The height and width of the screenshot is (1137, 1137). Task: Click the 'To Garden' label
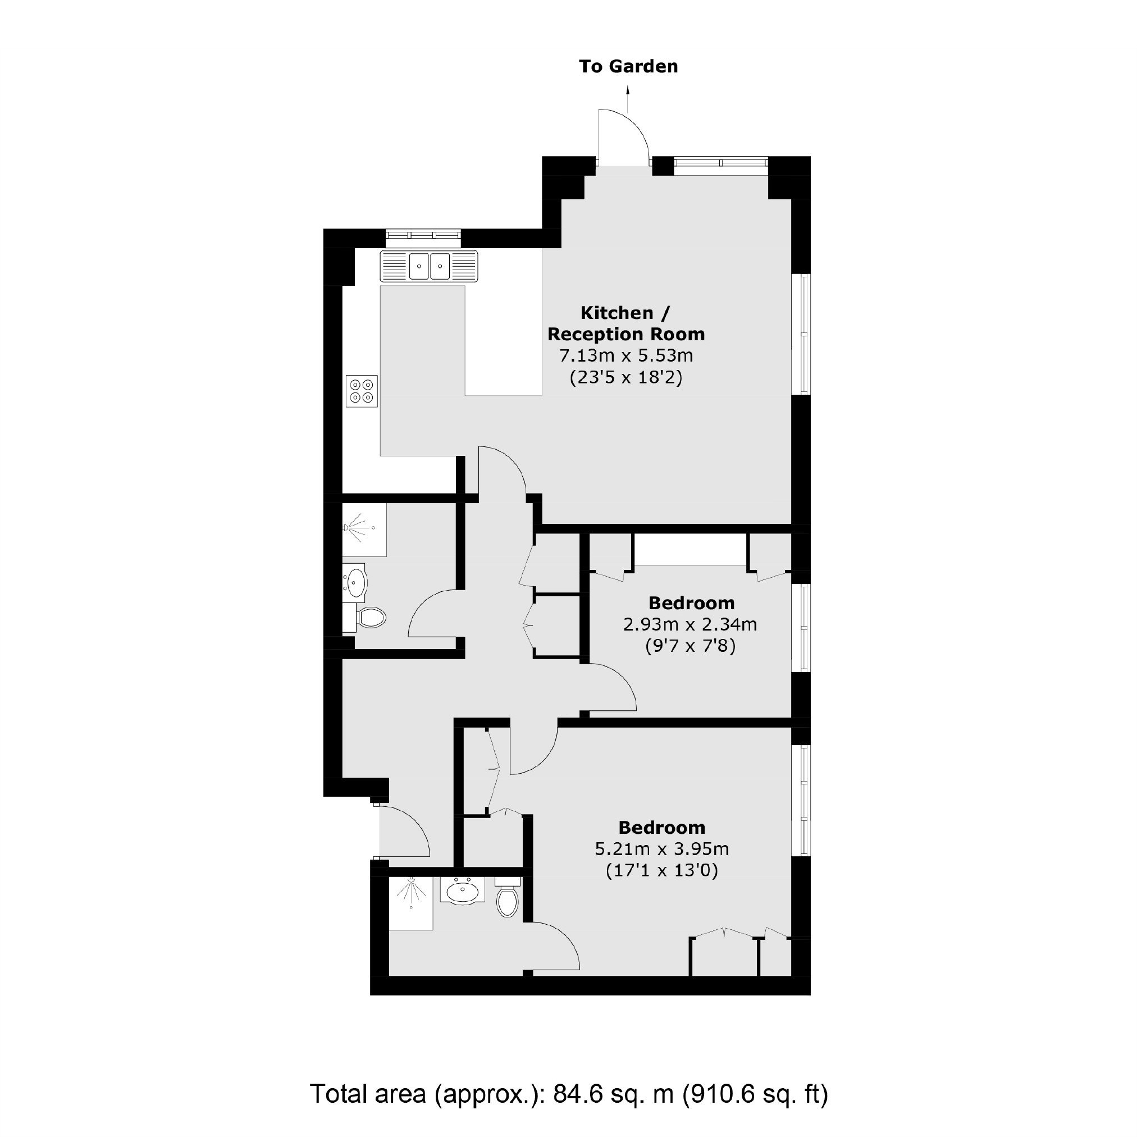pyautogui.click(x=628, y=66)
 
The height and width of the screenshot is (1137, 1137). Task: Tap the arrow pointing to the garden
pyautogui.click(x=628, y=99)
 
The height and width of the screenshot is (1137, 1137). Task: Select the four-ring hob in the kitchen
pyautogui.click(x=362, y=391)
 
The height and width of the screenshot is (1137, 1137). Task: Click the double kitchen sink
pyautogui.click(x=429, y=266)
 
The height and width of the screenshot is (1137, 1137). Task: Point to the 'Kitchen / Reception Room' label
pyautogui.click(x=625, y=323)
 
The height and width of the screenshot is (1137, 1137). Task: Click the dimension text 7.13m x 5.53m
pyautogui.click(x=625, y=355)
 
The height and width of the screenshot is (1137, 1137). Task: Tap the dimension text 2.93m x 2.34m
pyautogui.click(x=690, y=624)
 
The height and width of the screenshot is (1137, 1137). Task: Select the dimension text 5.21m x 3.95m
pyautogui.click(x=662, y=848)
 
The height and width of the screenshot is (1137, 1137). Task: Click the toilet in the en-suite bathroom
pyautogui.click(x=506, y=896)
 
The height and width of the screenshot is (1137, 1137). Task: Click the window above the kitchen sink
pyautogui.click(x=423, y=236)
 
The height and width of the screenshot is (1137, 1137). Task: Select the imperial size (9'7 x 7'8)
pyautogui.click(x=690, y=646)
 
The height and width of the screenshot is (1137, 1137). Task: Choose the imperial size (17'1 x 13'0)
pyautogui.click(x=662, y=870)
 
